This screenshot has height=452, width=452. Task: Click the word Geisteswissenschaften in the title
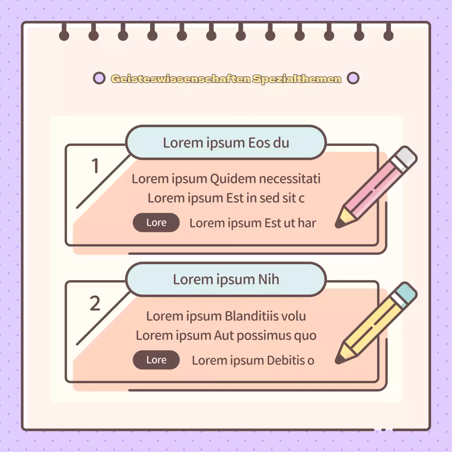[180, 79]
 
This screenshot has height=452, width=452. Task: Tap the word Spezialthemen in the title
[297, 79]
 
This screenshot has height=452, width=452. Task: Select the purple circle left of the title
[99, 78]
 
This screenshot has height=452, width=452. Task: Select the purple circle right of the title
[353, 78]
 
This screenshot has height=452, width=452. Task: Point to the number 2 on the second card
[95, 303]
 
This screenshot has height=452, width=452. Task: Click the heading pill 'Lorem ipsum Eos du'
[226, 143]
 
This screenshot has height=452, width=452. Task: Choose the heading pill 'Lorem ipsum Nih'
[226, 279]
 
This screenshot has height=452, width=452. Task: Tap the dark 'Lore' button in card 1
[156, 222]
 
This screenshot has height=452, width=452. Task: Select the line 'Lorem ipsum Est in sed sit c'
[226, 198]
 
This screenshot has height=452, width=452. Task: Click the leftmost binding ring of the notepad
[64, 35]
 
